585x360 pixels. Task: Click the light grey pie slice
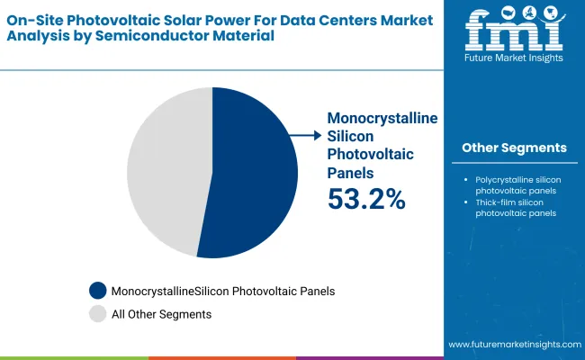pos(166,171)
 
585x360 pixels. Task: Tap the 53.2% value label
pos(365,199)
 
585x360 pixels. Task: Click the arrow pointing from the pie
pos(306,135)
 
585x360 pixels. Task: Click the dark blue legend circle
pos(98,291)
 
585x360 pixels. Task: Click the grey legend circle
pos(98,314)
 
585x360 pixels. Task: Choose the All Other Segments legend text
pos(161,314)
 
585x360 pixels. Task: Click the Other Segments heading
pos(514,148)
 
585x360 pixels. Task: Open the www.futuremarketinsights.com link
pos(512,345)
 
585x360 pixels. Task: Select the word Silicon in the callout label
pos(349,136)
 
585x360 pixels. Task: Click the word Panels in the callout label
pos(351,172)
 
